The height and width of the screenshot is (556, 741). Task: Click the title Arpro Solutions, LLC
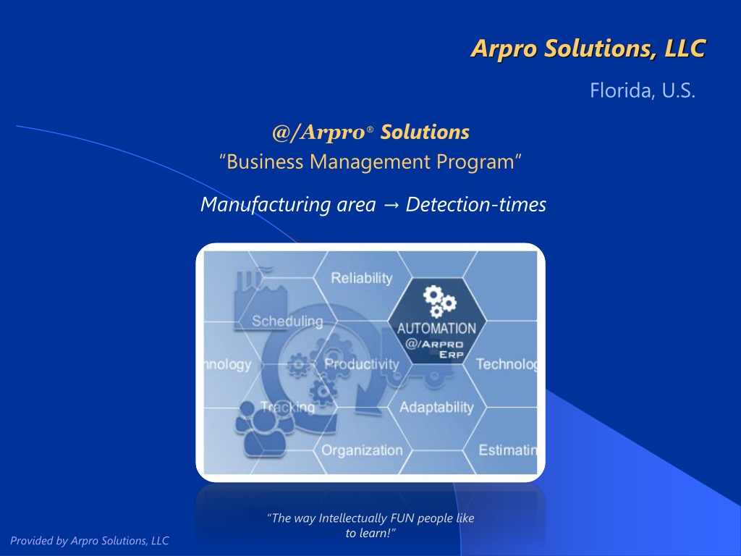(588, 49)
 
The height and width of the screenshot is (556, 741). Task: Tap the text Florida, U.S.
(643, 90)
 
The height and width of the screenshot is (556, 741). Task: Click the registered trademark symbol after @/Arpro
(370, 129)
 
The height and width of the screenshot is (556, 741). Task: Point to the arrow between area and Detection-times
(391, 205)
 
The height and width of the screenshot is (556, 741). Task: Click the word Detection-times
(476, 205)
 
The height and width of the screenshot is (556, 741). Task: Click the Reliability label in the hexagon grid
(362, 278)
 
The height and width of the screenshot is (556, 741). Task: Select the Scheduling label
(287, 321)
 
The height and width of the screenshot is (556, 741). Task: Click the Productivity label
(362, 364)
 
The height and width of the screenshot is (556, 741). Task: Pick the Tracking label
(288, 407)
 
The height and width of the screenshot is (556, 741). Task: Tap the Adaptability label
(436, 407)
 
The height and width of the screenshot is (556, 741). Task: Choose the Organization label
(362, 450)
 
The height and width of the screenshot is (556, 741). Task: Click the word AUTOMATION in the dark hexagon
(436, 328)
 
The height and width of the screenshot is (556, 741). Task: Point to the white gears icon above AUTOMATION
(439, 301)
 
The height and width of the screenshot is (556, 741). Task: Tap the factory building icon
(261, 295)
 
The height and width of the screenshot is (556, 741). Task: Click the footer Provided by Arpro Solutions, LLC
(89, 541)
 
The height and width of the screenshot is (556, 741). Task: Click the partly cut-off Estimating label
(508, 450)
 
